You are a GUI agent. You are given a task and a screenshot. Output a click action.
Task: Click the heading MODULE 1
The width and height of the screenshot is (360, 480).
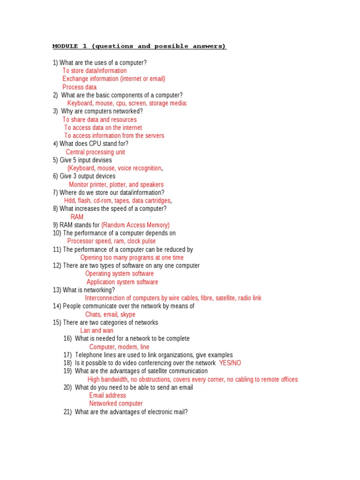coord(139,46)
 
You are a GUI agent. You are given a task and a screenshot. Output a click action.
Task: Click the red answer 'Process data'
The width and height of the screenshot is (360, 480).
coord(79,87)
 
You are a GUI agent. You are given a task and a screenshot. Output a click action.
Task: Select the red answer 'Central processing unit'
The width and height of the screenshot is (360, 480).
coord(95,152)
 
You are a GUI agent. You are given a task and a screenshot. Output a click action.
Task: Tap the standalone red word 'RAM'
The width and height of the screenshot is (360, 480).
coord(77,217)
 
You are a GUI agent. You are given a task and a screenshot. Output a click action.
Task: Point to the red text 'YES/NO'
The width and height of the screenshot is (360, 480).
coord(230,363)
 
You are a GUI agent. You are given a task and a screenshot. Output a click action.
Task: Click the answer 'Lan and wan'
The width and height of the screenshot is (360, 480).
coord(97,330)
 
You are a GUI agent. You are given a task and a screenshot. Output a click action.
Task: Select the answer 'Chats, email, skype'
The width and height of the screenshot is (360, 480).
coord(110,315)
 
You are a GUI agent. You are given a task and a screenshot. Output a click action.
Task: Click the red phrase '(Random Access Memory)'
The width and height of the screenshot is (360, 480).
coord(135,225)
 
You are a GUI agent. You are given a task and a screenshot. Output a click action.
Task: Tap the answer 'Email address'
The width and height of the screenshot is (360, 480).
coord(107,395)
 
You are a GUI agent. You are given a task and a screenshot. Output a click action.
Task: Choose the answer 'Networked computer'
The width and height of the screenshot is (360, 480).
coord(116,404)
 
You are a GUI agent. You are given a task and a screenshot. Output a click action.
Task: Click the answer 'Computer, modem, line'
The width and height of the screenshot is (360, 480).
coord(119,347)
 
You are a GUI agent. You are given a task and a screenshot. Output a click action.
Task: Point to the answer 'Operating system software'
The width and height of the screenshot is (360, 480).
coord(119,274)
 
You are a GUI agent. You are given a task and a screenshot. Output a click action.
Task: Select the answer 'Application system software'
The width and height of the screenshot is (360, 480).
coord(122,282)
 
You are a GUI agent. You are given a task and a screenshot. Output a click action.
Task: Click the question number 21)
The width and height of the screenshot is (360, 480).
coord(67,412)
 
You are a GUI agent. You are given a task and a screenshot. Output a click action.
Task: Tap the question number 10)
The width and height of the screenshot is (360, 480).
coord(57,233)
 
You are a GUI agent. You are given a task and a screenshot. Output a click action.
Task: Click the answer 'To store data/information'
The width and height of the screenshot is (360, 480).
coord(94,71)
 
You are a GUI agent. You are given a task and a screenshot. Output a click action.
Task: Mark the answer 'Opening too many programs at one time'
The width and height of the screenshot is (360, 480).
coord(132,257)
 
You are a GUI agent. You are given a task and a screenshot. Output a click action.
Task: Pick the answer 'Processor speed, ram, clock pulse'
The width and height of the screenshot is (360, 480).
coord(111,241)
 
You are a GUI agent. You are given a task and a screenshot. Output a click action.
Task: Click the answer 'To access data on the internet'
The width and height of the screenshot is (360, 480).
coord(103,127)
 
